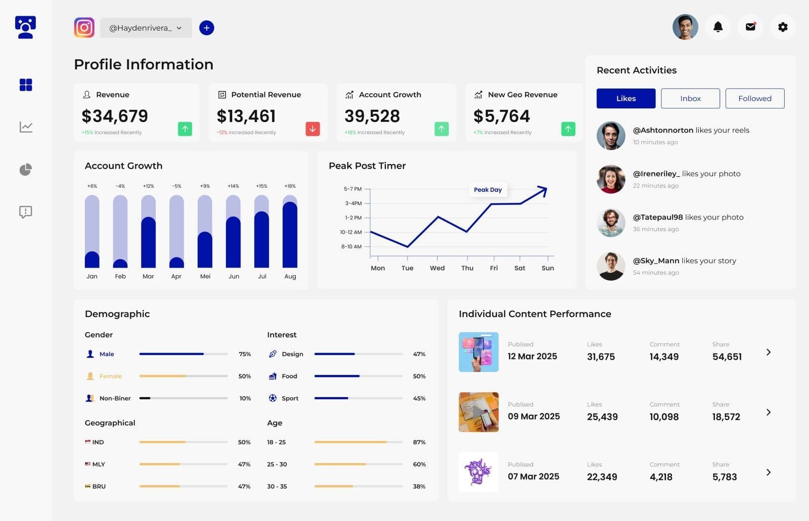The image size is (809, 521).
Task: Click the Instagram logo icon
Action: (x=84, y=27)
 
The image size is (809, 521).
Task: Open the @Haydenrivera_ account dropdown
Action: (x=146, y=28)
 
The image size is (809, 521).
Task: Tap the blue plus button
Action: (x=206, y=28)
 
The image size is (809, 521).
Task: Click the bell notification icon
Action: (x=717, y=27)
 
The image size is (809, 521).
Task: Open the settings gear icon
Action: (x=782, y=27)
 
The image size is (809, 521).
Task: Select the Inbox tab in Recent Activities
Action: (x=690, y=99)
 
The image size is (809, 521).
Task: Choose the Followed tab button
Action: (x=754, y=99)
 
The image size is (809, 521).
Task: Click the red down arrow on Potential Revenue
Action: (x=312, y=129)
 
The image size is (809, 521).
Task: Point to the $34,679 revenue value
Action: (x=115, y=116)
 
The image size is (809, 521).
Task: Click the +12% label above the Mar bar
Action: (x=148, y=186)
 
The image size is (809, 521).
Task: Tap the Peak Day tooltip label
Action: (x=487, y=190)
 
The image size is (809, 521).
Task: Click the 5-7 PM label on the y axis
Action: (x=352, y=189)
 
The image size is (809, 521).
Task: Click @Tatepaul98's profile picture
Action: (x=611, y=223)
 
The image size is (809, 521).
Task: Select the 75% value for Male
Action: (x=245, y=354)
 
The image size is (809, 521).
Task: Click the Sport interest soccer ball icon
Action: (x=273, y=398)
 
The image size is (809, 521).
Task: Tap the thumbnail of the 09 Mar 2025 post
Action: (x=478, y=412)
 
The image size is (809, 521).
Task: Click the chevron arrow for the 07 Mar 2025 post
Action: (x=768, y=472)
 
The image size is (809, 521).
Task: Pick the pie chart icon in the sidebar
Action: (x=26, y=169)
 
